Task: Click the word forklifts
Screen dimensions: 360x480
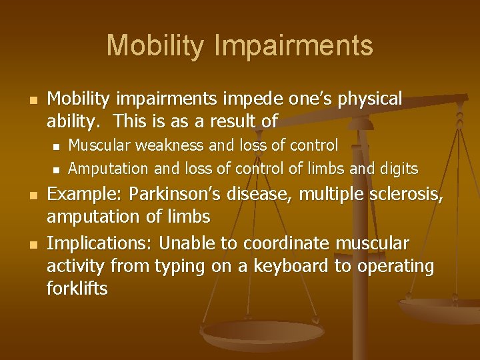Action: click(x=77, y=289)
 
